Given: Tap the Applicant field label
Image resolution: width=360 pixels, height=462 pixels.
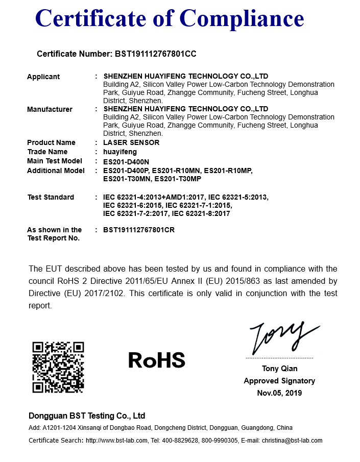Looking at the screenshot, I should (43, 77).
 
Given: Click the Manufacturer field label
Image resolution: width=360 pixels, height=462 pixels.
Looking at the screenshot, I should (50, 109).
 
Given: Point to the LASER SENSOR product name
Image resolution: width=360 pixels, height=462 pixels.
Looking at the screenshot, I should (131, 142).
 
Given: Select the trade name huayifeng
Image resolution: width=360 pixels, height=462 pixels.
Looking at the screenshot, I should (120, 152).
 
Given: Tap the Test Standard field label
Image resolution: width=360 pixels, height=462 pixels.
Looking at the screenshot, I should (51, 197).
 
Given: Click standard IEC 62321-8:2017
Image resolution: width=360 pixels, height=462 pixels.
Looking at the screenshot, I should (201, 213).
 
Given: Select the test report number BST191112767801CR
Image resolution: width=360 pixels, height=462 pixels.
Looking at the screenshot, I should (139, 230).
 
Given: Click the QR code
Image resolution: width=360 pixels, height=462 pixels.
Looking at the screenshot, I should (58, 367).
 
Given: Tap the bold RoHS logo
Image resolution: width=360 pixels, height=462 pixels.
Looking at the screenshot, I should (157, 360).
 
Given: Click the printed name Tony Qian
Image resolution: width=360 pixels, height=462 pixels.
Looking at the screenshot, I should (279, 369).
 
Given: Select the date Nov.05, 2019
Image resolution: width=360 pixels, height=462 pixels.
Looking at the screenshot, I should (279, 393).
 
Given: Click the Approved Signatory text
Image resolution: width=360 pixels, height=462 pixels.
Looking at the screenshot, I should (279, 381).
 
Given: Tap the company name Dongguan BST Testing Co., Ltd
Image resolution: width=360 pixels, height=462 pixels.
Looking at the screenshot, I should (87, 416).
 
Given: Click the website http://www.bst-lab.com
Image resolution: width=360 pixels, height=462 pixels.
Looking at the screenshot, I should (117, 441).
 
